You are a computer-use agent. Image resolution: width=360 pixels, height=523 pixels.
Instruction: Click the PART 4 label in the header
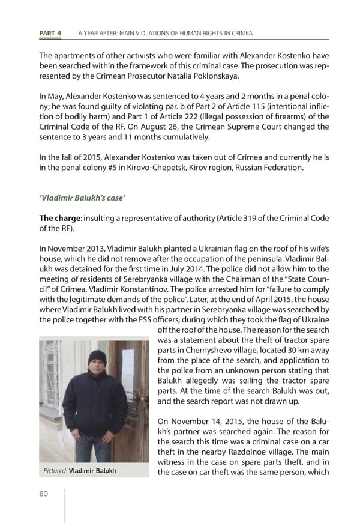pos(50,32)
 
